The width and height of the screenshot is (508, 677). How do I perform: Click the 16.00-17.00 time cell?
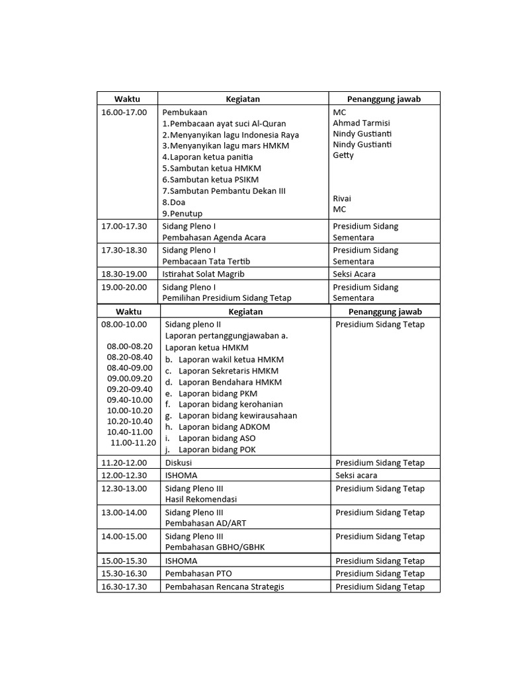point(124,112)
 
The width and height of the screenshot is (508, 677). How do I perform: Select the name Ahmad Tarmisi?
point(361,123)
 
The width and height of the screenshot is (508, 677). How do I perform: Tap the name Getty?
point(343,155)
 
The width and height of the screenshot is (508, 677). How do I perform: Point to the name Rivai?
point(342,198)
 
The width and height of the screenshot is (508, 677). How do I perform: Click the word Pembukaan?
point(185,112)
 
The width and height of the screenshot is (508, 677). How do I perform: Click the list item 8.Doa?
point(174,202)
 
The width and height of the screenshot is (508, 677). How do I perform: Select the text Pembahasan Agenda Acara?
point(214,237)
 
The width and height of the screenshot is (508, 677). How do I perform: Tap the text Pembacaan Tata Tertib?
point(206,261)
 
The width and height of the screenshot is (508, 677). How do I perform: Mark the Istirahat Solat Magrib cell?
point(204,274)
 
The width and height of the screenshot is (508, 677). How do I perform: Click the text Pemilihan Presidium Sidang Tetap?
point(227,298)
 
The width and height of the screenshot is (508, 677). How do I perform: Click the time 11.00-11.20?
point(133,443)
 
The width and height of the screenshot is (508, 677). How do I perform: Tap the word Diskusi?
point(179,463)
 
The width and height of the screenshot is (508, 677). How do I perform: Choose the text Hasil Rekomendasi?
point(201,499)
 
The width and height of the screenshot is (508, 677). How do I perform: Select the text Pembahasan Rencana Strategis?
point(225,586)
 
